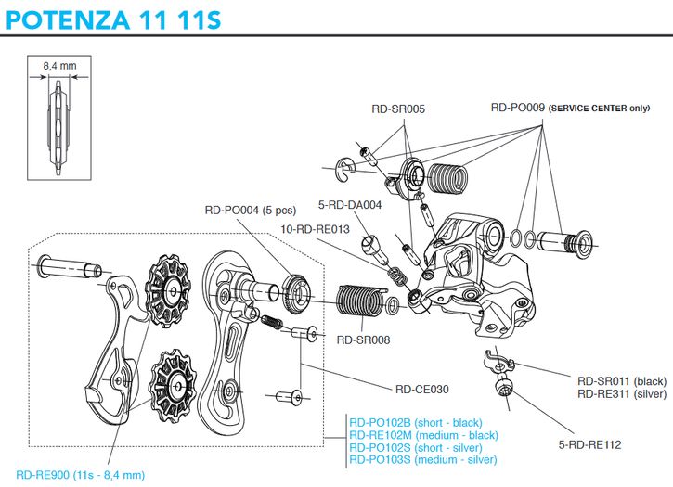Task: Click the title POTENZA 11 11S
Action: coord(112,19)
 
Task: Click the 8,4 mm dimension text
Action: coord(58,65)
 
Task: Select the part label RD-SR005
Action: coord(397,109)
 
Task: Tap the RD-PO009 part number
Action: coord(517,108)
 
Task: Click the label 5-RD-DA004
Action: coord(350,206)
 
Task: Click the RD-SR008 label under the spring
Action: coord(363,340)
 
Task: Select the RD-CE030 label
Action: coord(422,390)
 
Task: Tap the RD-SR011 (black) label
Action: coord(621,381)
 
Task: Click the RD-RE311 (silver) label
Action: coord(621,394)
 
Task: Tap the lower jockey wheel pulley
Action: coord(174,380)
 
